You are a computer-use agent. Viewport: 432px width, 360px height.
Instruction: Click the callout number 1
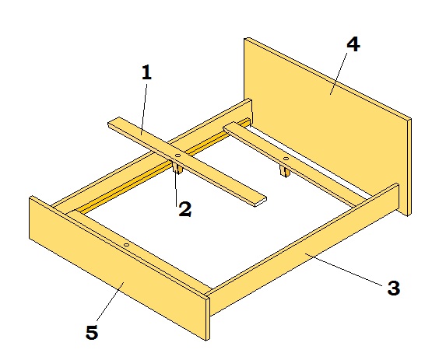pos(146,72)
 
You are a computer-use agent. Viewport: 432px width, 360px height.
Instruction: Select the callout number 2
pos(185,209)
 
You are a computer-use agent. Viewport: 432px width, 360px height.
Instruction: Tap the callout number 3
pos(394,288)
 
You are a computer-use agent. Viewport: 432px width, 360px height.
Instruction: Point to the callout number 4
pos(353,44)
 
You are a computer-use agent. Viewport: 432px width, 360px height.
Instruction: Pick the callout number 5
pos(92,332)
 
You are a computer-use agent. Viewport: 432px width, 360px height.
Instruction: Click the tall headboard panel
pos(325,121)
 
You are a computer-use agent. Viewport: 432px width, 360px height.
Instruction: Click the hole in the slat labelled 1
pos(177,156)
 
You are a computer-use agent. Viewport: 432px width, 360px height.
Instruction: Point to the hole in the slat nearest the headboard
pos(286,159)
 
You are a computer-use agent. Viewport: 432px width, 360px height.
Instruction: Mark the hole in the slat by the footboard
pos(126,245)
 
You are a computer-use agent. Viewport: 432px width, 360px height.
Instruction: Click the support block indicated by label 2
pos(177,169)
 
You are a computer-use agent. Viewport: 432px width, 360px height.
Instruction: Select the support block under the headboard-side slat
pos(285,171)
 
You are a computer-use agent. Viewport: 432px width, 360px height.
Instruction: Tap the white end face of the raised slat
pos(261,202)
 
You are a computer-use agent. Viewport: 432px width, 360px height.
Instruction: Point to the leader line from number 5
pos(110,302)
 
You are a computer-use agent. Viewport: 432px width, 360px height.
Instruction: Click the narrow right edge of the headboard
pos(409,167)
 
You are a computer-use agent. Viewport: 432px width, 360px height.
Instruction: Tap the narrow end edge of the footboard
pos(208,319)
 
